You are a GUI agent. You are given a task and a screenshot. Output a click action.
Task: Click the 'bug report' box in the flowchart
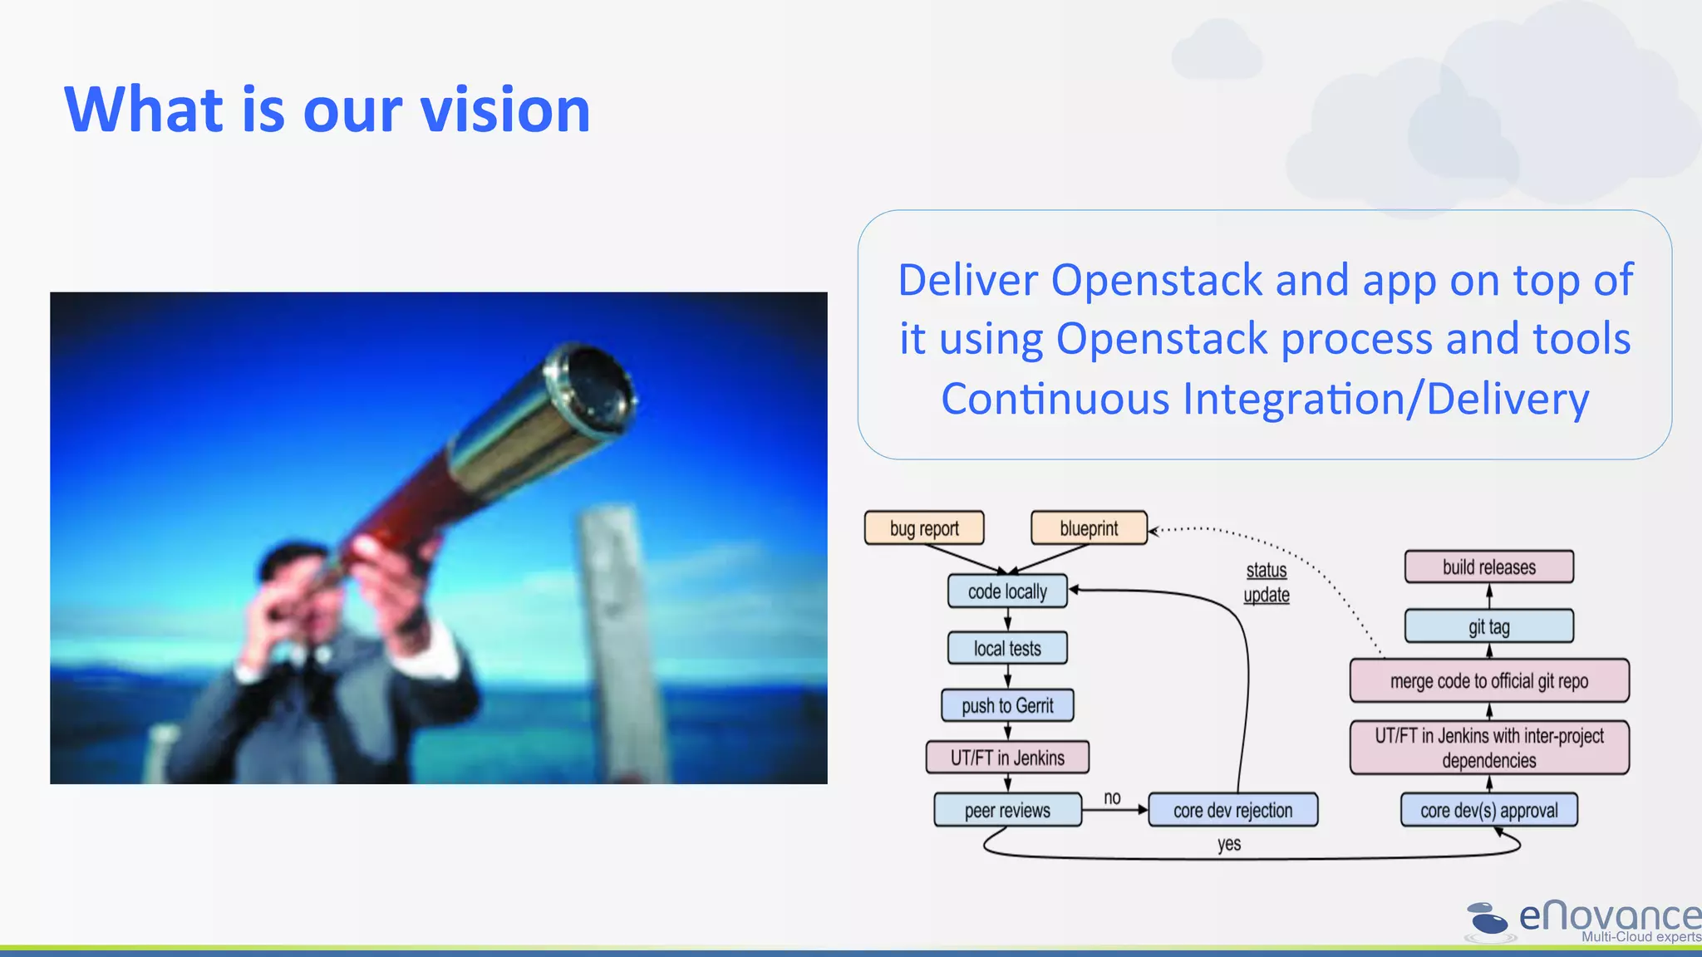click(x=924, y=528)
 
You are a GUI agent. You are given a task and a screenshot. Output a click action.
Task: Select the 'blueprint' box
click(x=1089, y=528)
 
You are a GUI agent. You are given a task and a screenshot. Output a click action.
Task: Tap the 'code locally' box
click(x=1007, y=591)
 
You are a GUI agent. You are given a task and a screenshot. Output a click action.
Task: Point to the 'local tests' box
click(x=1007, y=648)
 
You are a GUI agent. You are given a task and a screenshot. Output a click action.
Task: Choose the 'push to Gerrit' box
click(x=1007, y=705)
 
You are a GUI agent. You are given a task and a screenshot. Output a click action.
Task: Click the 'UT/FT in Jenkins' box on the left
click(x=1007, y=758)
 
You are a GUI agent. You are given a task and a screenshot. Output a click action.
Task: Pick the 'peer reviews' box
click(x=1007, y=810)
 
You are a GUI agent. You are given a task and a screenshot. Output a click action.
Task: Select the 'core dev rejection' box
click(x=1232, y=810)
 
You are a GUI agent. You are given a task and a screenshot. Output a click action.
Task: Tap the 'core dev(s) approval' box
click(x=1488, y=810)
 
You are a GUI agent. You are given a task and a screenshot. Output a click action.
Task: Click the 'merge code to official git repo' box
click(x=1488, y=681)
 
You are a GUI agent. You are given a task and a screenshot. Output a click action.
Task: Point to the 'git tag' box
click(x=1488, y=626)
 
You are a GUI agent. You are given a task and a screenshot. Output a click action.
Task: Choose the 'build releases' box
click(x=1488, y=567)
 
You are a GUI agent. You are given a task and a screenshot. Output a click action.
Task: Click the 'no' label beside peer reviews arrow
click(x=1112, y=797)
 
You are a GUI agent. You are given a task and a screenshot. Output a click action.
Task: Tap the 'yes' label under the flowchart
click(x=1229, y=844)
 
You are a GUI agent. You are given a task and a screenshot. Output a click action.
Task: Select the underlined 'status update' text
click(x=1267, y=582)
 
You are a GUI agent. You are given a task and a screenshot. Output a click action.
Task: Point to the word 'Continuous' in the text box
click(x=1055, y=399)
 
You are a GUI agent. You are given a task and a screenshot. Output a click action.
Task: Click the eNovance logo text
click(x=1608, y=916)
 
